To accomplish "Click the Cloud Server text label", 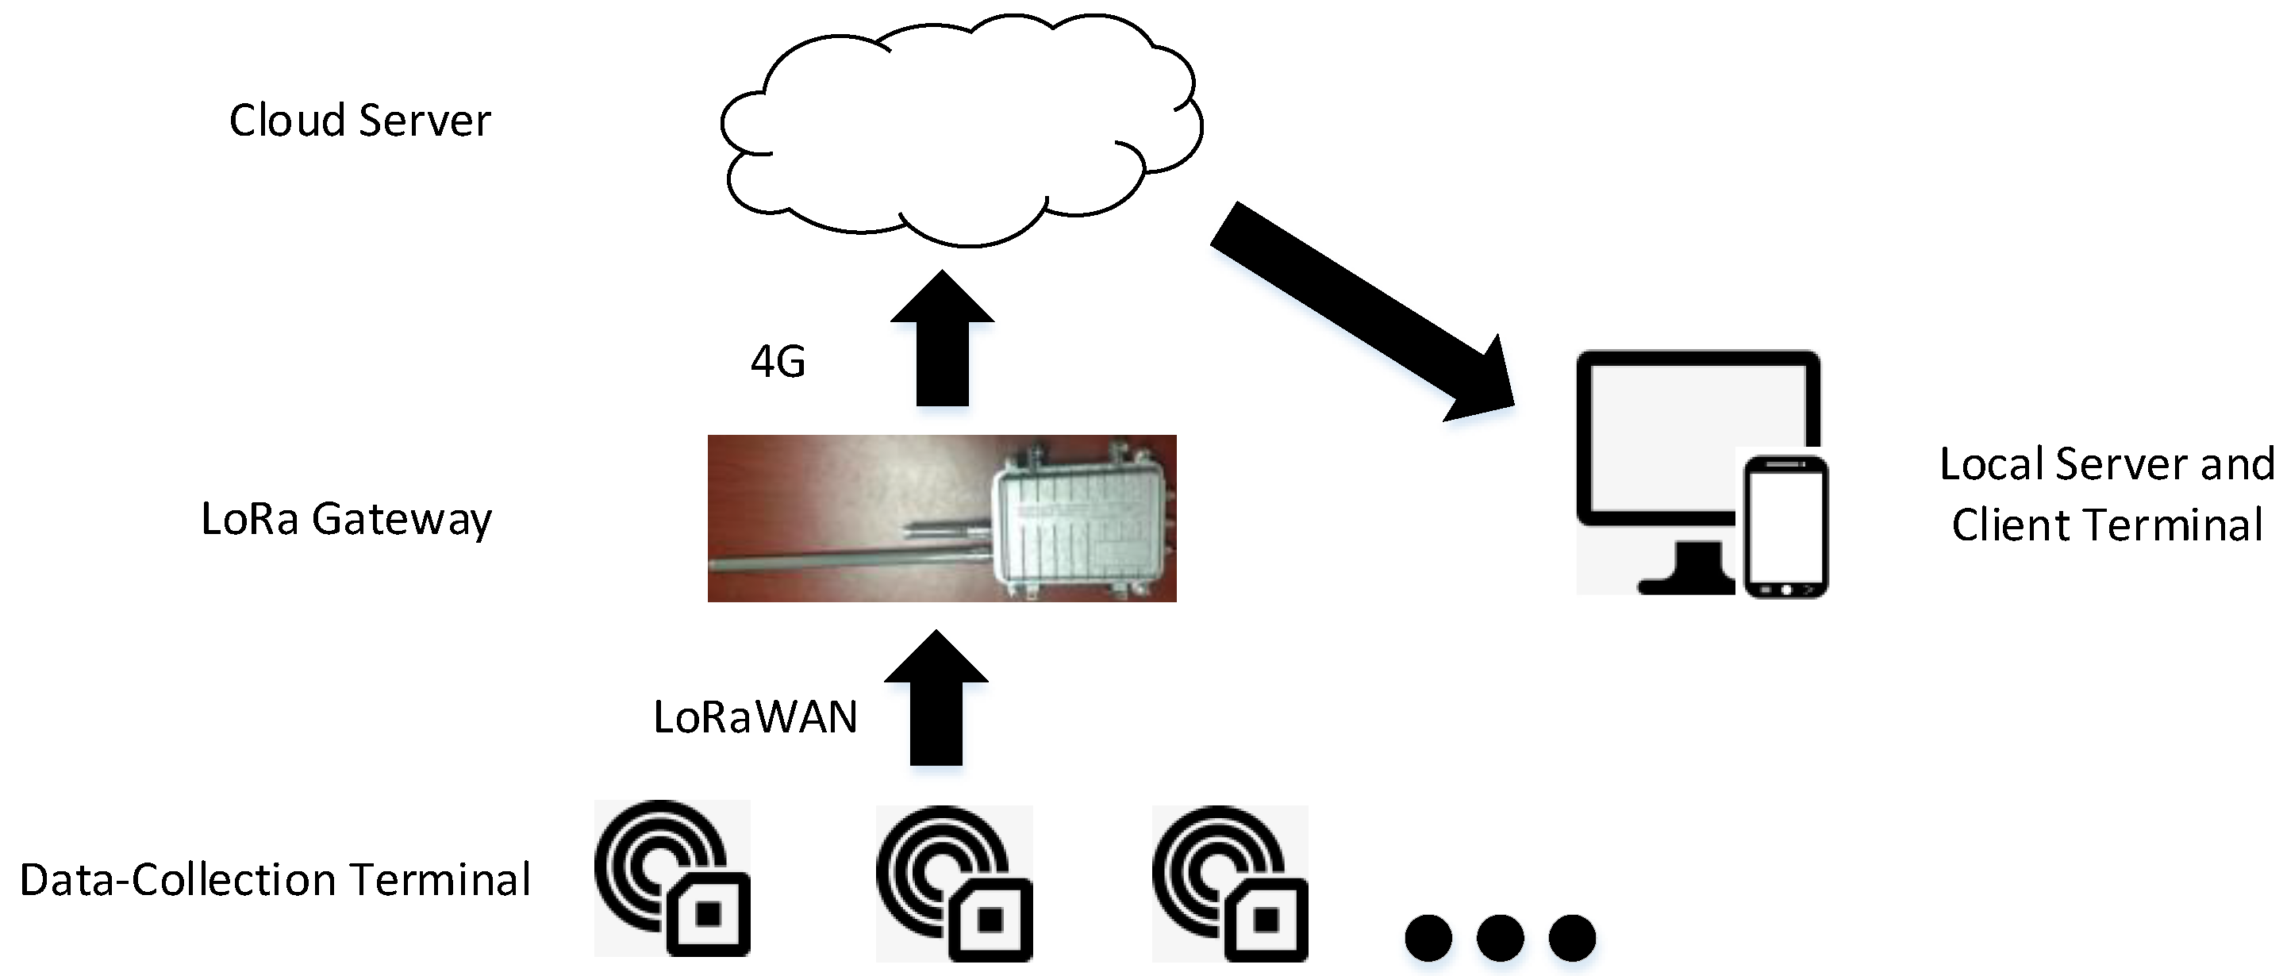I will click(x=359, y=121).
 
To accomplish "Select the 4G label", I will click(x=777, y=362).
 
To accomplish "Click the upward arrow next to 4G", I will click(x=941, y=346).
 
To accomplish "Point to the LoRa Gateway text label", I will click(x=346, y=520).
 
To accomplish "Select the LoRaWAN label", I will click(x=755, y=717).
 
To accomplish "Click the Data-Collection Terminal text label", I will click(x=275, y=880).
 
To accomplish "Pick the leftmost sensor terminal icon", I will click(x=672, y=878).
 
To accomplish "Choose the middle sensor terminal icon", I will click(x=955, y=883).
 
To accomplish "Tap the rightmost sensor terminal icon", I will click(x=1230, y=883).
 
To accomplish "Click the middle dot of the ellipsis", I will click(x=1500, y=938).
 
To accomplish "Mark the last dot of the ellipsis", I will click(x=1571, y=938).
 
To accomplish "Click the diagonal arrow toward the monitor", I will click(x=1356, y=310).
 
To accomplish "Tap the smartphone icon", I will click(x=1785, y=528).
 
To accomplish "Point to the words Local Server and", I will click(x=2106, y=464).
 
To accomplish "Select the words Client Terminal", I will click(x=2106, y=525).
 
